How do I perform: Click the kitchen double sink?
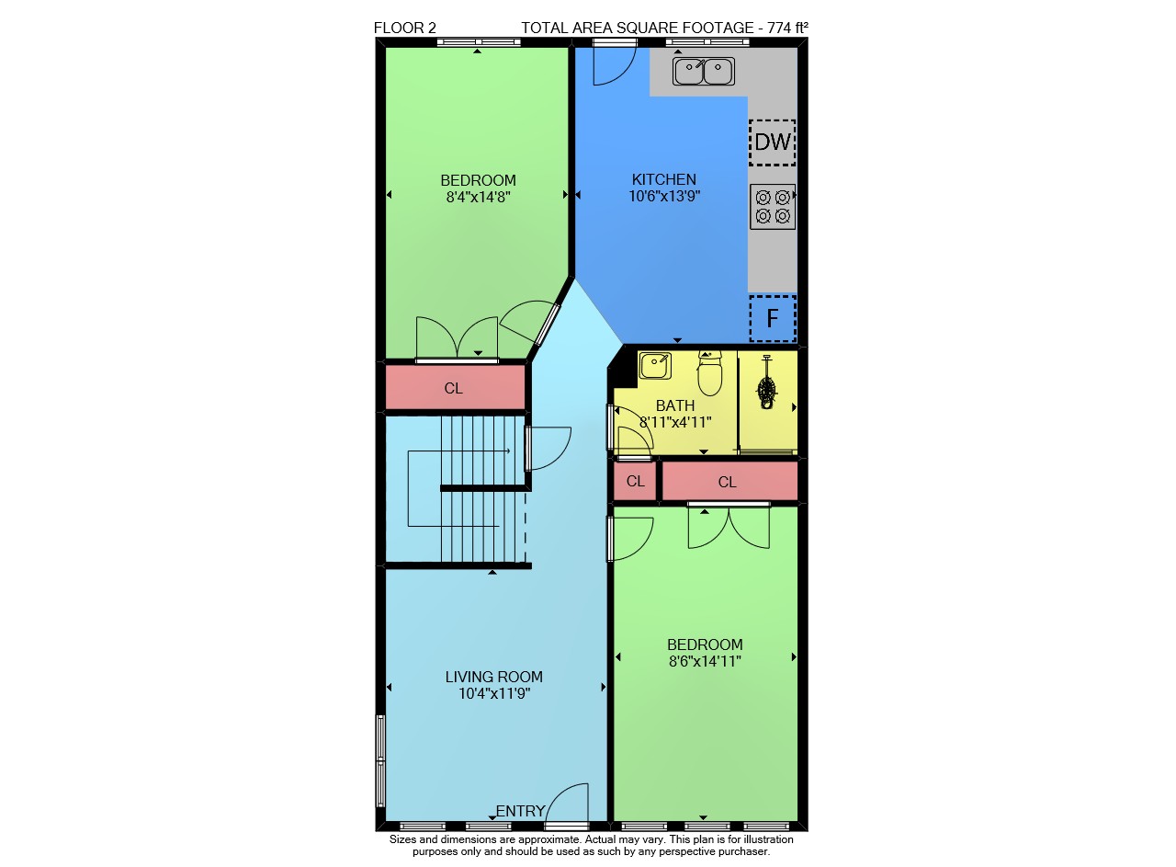pyautogui.click(x=704, y=71)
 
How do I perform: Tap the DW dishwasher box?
pyautogui.click(x=773, y=143)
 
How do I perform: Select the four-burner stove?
pyautogui.click(x=773, y=207)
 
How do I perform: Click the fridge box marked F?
pyautogui.click(x=773, y=318)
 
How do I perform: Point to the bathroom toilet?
pyautogui.click(x=709, y=373)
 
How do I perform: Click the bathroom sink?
pyautogui.click(x=655, y=366)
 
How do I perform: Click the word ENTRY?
pyautogui.click(x=520, y=811)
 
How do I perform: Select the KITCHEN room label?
pyautogui.click(x=664, y=179)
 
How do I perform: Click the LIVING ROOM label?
pyautogui.click(x=494, y=677)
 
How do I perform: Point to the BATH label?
pyautogui.click(x=675, y=405)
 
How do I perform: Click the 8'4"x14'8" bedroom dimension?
pyautogui.click(x=479, y=197)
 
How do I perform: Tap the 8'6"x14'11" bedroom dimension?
pyautogui.click(x=705, y=661)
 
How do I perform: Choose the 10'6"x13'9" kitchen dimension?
pyautogui.click(x=664, y=196)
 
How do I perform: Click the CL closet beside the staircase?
pyautogui.click(x=454, y=388)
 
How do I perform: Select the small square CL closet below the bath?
pyautogui.click(x=635, y=481)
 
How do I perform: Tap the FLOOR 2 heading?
pyautogui.click(x=405, y=28)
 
